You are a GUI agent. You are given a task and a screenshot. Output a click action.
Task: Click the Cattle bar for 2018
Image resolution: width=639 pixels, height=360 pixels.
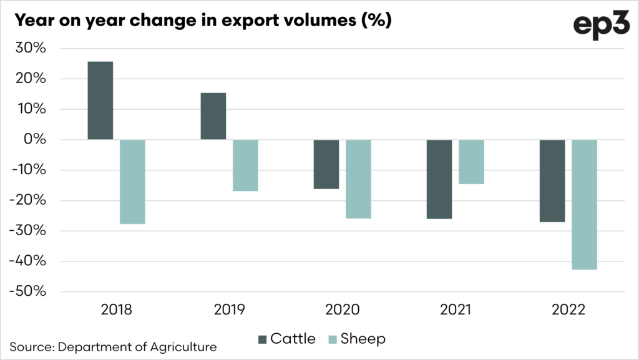(100, 100)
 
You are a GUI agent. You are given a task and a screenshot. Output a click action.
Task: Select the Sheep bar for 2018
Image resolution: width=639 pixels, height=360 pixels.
(132, 182)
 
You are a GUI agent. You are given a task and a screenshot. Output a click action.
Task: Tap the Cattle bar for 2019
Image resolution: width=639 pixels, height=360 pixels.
(213, 116)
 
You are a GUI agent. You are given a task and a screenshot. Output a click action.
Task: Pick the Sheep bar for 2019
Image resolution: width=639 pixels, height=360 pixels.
(245, 165)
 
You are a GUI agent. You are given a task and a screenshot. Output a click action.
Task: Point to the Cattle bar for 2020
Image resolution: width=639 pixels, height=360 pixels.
(326, 164)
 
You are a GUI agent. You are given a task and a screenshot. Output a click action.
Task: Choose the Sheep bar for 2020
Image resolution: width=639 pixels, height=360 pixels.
(358, 179)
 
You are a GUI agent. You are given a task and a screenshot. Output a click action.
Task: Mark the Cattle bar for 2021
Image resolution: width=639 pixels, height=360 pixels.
(439, 179)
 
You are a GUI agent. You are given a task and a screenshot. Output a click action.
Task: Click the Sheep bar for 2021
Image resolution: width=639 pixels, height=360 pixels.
(471, 162)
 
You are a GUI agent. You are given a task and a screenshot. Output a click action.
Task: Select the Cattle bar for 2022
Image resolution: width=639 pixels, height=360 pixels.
(552, 181)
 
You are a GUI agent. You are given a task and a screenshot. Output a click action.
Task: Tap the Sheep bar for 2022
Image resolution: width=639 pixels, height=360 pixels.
(584, 205)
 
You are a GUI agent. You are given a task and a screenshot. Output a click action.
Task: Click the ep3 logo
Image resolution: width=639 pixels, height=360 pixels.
(602, 24)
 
